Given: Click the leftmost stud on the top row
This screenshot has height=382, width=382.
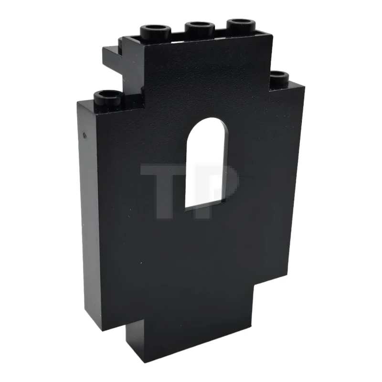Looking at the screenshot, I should (x=156, y=32).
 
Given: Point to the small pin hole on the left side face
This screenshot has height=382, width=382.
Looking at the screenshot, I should (x=85, y=135).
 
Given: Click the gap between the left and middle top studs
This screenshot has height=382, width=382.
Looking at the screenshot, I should (x=177, y=34).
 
